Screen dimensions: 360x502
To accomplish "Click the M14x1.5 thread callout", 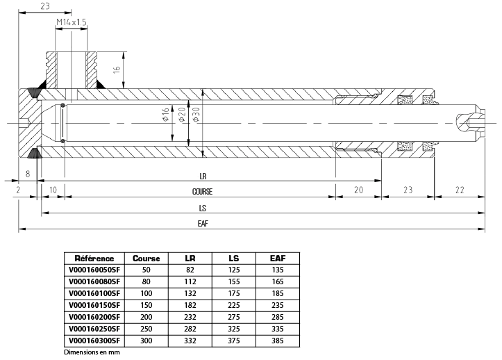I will tap(72, 22).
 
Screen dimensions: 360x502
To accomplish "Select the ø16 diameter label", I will tap(165, 115).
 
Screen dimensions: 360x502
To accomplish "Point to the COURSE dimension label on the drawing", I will tap(202, 191).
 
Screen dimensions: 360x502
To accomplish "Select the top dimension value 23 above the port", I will tap(45, 6).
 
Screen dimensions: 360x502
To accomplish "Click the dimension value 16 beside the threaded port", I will tap(117, 69).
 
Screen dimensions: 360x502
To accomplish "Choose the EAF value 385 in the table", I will tap(278, 341).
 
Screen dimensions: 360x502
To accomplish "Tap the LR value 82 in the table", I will tap(190, 270).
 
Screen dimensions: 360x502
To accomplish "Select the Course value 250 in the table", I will tap(147, 329).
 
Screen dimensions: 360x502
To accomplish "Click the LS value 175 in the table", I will tap(234, 293).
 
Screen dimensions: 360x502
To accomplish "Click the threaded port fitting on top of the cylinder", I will tap(72, 68).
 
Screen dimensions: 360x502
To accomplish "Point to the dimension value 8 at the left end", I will tap(28, 174).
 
